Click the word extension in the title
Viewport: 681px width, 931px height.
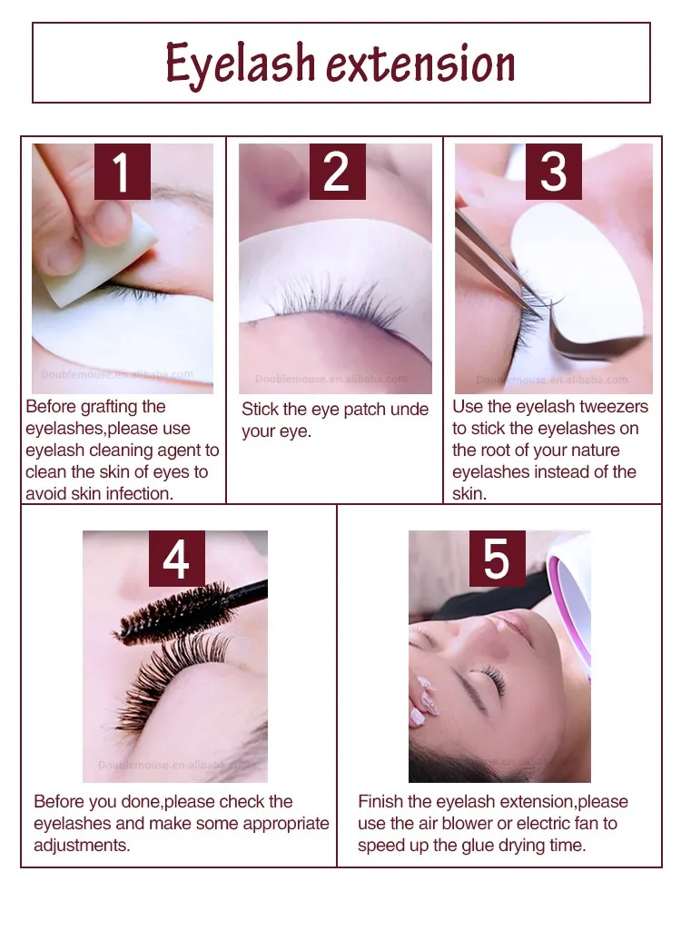pos(420,63)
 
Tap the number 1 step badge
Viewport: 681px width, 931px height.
pos(123,172)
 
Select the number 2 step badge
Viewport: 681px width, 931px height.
pos(337,172)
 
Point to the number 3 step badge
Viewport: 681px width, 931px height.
pos(553,172)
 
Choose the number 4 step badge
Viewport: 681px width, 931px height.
pos(176,559)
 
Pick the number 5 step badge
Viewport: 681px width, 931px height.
pos(497,559)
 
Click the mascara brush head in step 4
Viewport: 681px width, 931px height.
pos(173,613)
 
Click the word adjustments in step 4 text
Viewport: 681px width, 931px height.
pos(82,846)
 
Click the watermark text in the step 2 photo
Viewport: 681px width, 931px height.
pos(331,379)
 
